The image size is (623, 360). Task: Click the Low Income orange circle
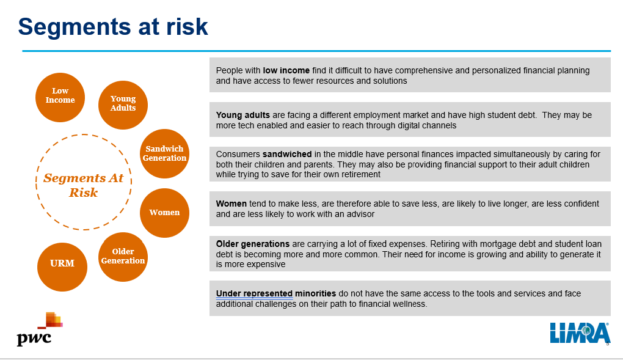tap(60, 97)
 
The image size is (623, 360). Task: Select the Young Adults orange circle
tap(123, 105)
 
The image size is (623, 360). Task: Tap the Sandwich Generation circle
tap(164, 153)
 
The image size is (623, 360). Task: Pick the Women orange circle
tap(164, 213)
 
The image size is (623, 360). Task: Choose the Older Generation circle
tap(123, 257)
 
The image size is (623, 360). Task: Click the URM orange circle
tap(62, 267)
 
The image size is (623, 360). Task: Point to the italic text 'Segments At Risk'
tap(84, 185)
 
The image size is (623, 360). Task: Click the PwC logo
tap(39, 329)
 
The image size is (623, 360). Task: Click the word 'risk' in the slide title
tap(187, 27)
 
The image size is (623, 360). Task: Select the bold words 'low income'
tap(286, 70)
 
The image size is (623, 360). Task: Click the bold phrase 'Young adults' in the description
tap(242, 116)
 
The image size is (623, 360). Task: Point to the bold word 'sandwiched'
tap(287, 154)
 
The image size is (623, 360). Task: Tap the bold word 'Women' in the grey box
tap(231, 204)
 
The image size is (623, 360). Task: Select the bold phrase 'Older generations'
tap(253, 244)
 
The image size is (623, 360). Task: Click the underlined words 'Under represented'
tap(254, 293)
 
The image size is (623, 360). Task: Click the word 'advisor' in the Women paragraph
tap(360, 214)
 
